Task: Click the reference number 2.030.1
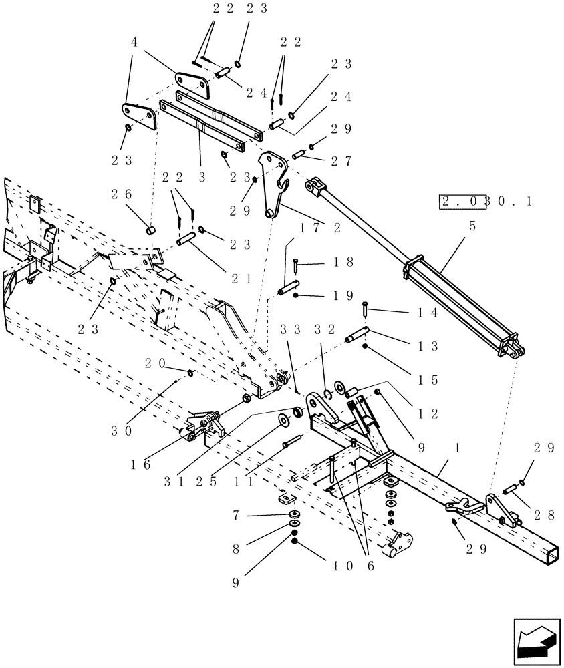pos(485,201)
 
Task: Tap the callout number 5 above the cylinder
pos(472,227)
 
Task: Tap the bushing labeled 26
pos(151,231)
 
